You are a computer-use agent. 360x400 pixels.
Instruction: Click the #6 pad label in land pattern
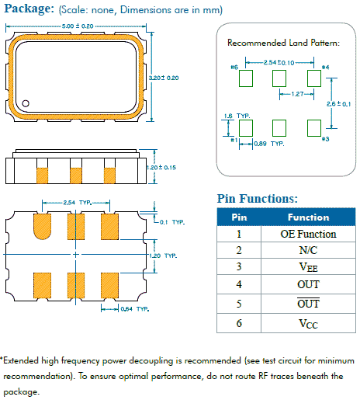coord(233,68)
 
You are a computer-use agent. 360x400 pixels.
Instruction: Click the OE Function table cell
coord(308,234)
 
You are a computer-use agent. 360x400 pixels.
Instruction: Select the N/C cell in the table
coord(308,251)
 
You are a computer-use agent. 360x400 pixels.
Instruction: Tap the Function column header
coord(308,217)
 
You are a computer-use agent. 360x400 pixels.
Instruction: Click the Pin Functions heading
coord(257,199)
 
